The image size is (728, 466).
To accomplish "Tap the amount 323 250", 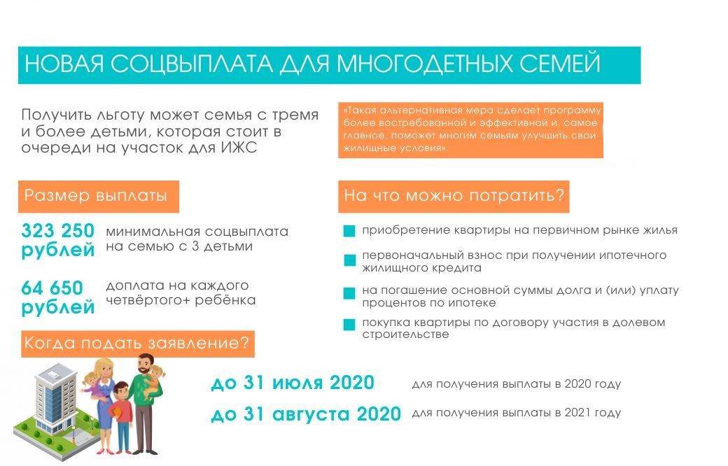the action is [x=57, y=230].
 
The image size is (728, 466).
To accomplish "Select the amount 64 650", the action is [x=52, y=288].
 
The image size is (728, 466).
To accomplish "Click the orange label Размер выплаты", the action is [x=99, y=197].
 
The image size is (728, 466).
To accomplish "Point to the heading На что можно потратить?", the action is [x=454, y=197].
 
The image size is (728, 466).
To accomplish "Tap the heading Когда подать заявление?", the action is [x=137, y=344].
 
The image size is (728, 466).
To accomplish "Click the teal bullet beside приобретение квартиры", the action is [x=349, y=231].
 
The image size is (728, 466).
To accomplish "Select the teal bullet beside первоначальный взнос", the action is [x=349, y=260].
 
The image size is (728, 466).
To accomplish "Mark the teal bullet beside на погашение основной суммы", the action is [x=349, y=294].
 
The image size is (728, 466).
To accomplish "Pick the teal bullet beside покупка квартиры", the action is [x=349, y=325].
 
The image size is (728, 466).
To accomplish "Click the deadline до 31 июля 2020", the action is [x=293, y=383].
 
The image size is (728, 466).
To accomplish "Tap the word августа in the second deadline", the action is [x=311, y=414].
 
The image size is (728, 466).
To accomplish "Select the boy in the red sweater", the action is [x=122, y=418].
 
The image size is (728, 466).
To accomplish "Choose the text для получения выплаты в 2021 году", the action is [x=517, y=413].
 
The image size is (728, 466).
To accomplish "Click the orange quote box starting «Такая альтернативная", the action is [x=470, y=130].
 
